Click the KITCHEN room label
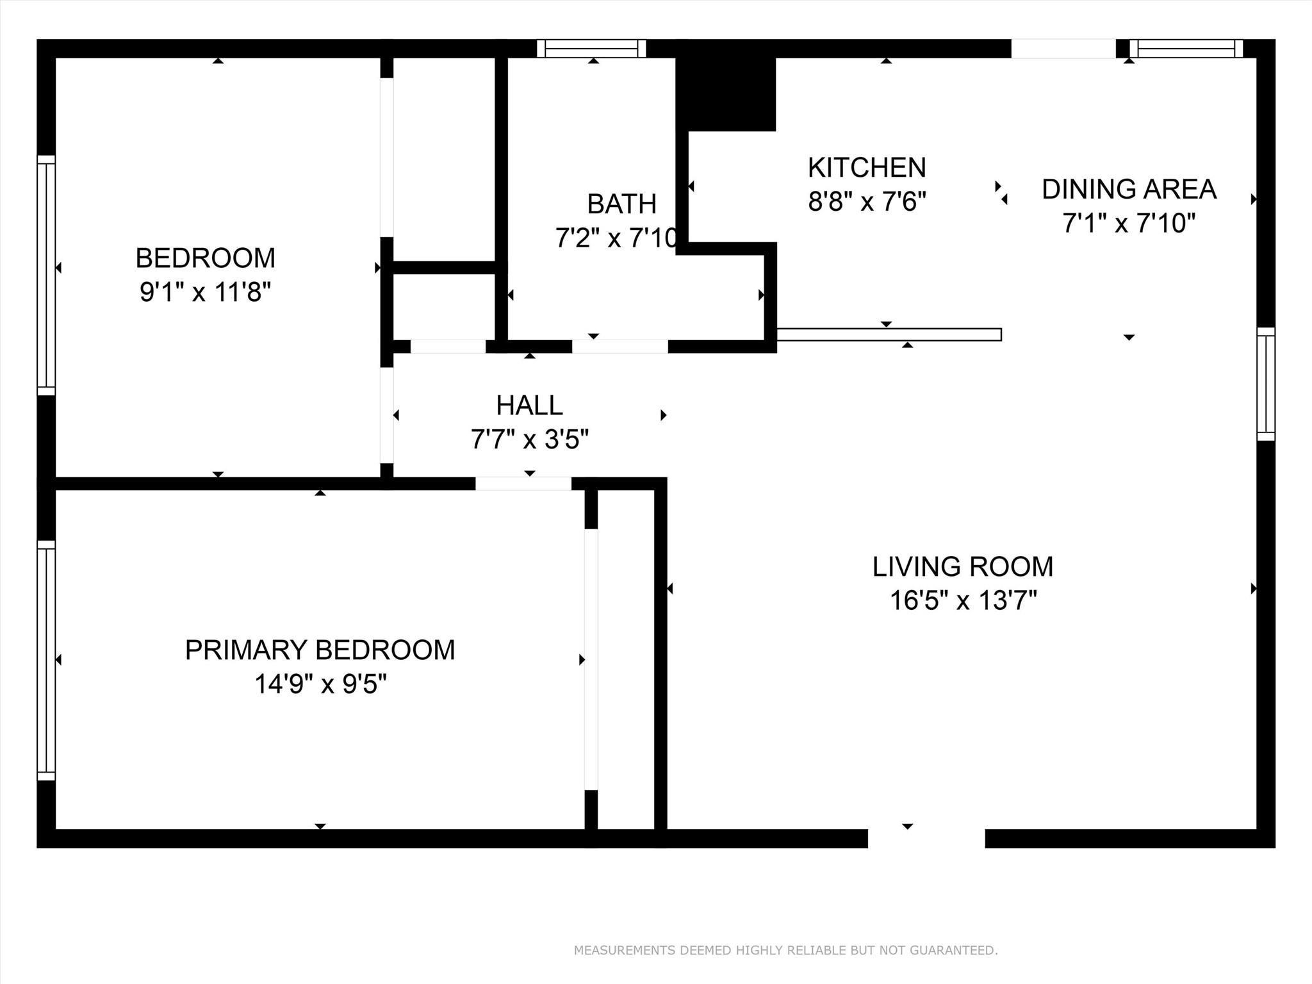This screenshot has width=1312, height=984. (x=867, y=168)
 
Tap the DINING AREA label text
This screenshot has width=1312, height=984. (x=1129, y=190)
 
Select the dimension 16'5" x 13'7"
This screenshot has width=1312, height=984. (x=963, y=601)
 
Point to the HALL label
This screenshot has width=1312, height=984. (x=529, y=406)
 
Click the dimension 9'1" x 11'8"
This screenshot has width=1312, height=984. (x=205, y=293)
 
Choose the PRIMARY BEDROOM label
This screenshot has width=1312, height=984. (x=320, y=650)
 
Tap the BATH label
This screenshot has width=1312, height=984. (x=621, y=204)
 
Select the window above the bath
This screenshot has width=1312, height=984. (x=591, y=49)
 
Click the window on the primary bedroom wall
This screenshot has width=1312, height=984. (x=46, y=660)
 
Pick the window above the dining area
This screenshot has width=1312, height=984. (x=1186, y=49)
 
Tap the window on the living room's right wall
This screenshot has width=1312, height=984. (x=1265, y=384)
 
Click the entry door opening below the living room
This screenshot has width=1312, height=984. (x=926, y=838)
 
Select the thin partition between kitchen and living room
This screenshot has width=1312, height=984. (x=889, y=334)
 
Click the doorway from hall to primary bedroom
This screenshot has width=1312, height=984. (x=523, y=484)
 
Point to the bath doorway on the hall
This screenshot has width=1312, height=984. (x=619, y=347)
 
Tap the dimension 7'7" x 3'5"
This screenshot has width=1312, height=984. (x=529, y=440)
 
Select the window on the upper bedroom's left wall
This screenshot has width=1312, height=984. (x=46, y=275)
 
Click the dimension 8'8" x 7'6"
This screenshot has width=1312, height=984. (x=867, y=202)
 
